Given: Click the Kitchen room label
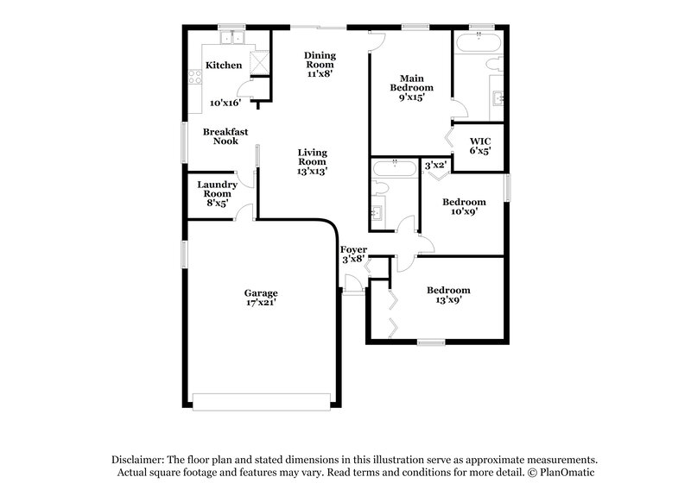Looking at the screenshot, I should (223, 66).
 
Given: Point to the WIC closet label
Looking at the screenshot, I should (480, 141).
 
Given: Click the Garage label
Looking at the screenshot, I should (260, 293).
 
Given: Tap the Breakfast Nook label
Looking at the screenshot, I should (225, 136).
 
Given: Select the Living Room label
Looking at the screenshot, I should (312, 157).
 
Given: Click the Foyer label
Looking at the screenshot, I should (353, 250).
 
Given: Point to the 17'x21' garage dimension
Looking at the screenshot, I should (260, 304).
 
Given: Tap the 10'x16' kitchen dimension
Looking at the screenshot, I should (225, 103).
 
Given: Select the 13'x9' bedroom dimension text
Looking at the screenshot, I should (448, 300).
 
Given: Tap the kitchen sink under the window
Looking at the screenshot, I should (231, 38).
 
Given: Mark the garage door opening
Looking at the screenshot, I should (261, 403).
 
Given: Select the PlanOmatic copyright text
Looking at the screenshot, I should (565, 473).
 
